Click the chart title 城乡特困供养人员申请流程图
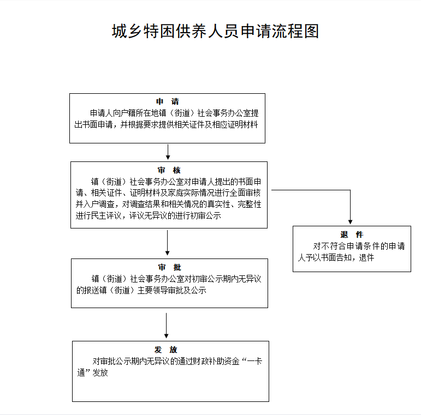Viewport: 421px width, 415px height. click(x=215, y=31)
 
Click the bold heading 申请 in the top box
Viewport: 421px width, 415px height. click(x=167, y=101)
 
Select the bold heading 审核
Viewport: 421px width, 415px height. click(x=169, y=170)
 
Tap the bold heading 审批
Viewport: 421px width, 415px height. click(x=169, y=267)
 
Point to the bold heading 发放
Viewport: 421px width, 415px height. click(x=165, y=350)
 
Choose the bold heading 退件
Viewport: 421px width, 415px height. click(x=352, y=234)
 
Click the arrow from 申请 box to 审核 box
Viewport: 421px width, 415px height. click(x=168, y=152)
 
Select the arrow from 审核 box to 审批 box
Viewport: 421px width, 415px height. click(x=167, y=243)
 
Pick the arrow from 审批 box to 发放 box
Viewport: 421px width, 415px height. click(x=166, y=326)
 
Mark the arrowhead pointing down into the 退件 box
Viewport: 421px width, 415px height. click(x=350, y=222)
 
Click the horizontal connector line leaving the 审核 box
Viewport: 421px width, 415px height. click(x=311, y=190)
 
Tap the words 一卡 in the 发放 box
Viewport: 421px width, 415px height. click(x=254, y=361)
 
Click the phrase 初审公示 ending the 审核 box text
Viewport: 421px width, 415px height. click(x=206, y=215)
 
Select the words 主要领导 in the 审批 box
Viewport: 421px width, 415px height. click(x=153, y=290)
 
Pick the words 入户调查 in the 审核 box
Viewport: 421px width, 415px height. click(x=98, y=205)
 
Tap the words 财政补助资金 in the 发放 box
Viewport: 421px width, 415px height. click(x=216, y=361)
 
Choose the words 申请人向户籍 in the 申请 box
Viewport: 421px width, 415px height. click(x=113, y=113)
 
